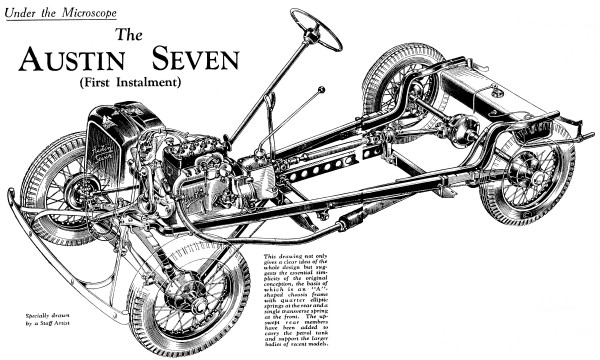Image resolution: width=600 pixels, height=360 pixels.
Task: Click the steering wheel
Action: [316, 29]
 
